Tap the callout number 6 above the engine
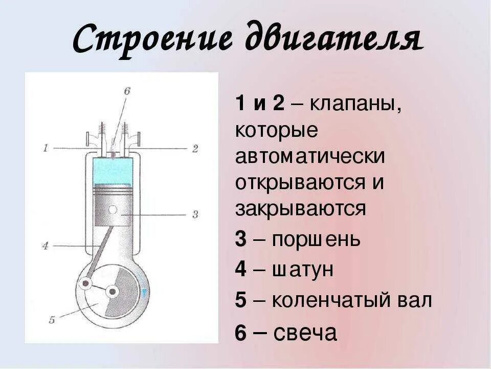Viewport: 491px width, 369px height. coord(127,91)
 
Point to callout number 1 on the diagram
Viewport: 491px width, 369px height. coord(46,148)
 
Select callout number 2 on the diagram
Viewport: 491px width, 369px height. coord(194,149)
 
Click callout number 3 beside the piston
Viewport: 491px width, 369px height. coord(194,214)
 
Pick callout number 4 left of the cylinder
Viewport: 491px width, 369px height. coord(45,246)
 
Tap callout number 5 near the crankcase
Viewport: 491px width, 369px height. coord(52,320)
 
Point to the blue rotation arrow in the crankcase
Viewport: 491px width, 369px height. coord(145,293)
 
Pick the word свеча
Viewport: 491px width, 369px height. coord(305,333)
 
